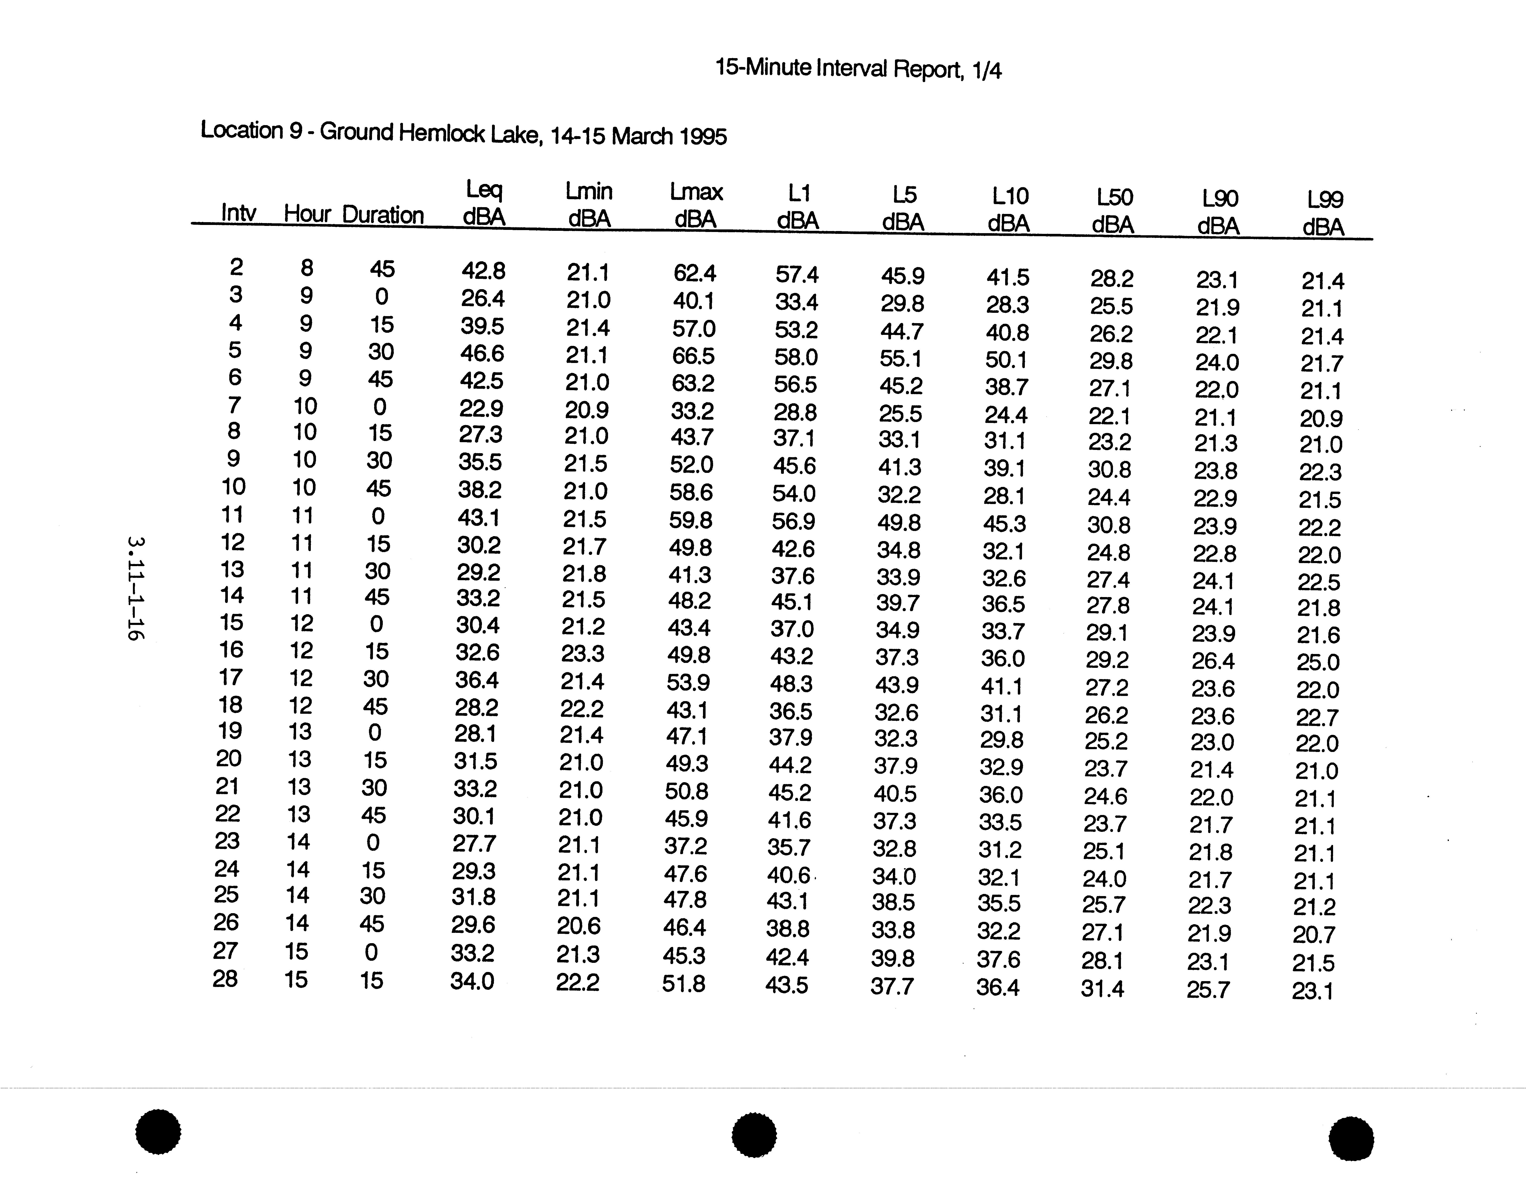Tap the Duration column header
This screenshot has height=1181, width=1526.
[383, 215]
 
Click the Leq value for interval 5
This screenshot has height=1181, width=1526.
[481, 353]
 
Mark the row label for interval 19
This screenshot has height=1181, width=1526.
[229, 731]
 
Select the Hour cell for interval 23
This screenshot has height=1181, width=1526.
[298, 841]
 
